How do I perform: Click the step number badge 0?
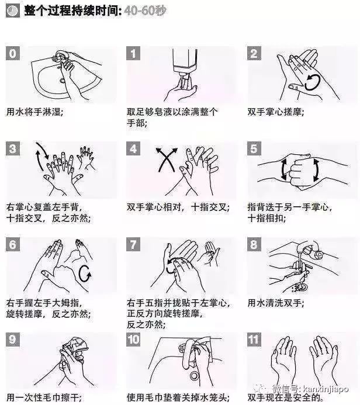pyautogui.click(x=13, y=53)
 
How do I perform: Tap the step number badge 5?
pyautogui.click(x=254, y=148)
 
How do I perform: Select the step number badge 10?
pyautogui.click(x=133, y=340)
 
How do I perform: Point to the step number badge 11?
pyautogui.click(x=254, y=340)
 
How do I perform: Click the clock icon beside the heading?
pyautogui.click(x=12, y=11)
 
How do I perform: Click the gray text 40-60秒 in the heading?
pyautogui.click(x=145, y=11)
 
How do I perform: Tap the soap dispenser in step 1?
pyautogui.click(x=185, y=61)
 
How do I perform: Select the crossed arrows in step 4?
pyautogui.click(x=167, y=160)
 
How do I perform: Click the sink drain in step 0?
pyautogui.click(x=62, y=81)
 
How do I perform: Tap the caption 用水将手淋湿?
pyautogui.click(x=34, y=112)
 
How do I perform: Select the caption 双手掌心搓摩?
pyautogui.click(x=276, y=112)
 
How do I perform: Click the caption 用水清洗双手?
pyautogui.click(x=276, y=303)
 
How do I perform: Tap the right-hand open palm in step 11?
pyautogui.click(x=323, y=356)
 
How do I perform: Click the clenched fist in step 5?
pyautogui.click(x=300, y=171)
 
